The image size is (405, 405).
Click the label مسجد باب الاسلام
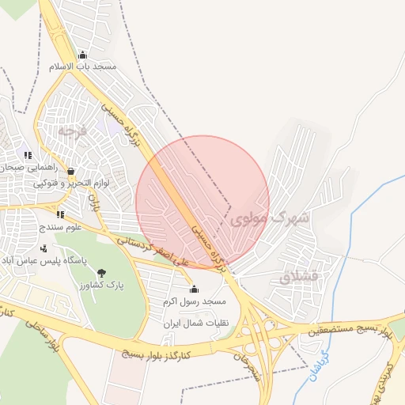pos(83,66)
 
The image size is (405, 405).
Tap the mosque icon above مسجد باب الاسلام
pos(83,55)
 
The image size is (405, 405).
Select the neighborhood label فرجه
pos(70,130)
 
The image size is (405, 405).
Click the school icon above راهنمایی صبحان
pos(28,156)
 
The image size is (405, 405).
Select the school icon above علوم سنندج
pos(60,214)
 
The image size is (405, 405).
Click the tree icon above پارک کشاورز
pos(100,273)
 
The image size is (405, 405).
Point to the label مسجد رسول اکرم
pos(195,301)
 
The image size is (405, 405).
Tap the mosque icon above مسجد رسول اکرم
pos(195,290)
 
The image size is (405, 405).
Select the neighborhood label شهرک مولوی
pos(271,218)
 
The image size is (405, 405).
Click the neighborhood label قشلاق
pos(297,278)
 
